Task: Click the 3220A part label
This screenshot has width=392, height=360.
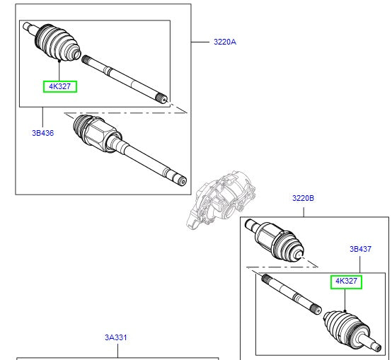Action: [225, 42]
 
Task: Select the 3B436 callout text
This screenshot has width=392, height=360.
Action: [42, 132]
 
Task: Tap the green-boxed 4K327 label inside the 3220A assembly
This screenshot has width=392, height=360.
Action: [59, 86]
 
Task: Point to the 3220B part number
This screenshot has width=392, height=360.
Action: [303, 199]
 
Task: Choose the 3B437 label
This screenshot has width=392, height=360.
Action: [359, 249]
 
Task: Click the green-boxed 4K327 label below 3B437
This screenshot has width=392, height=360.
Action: [347, 281]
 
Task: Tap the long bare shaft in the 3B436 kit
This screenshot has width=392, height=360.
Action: [124, 77]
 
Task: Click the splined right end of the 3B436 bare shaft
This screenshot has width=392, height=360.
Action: [163, 98]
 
